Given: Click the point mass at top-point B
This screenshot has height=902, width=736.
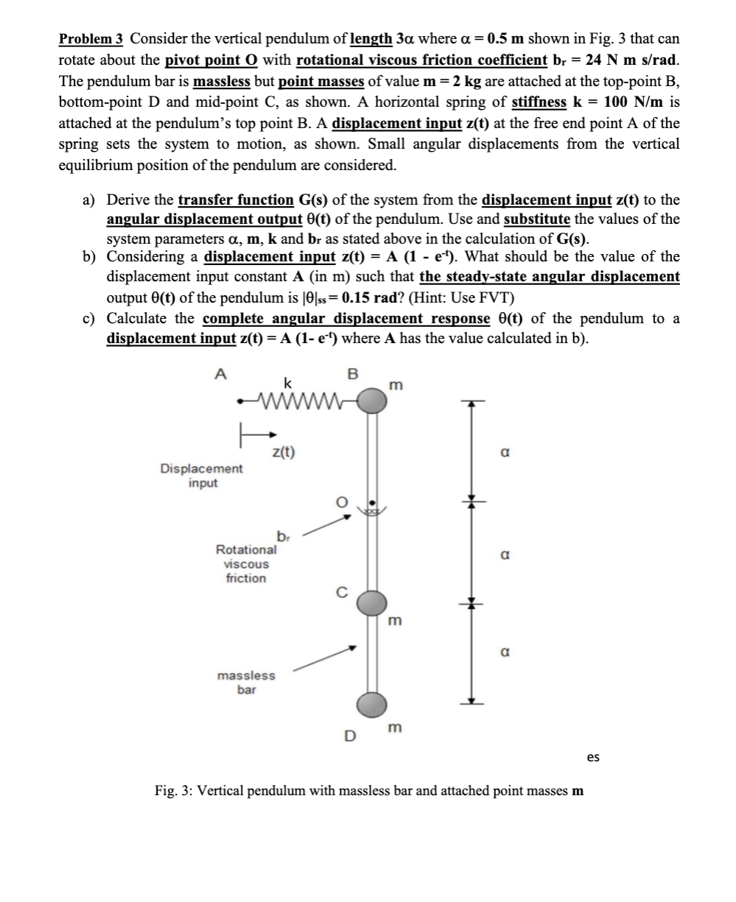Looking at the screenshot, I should click(374, 401).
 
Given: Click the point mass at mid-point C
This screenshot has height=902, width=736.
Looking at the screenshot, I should click(371, 602).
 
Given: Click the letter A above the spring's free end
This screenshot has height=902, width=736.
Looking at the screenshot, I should click(219, 374).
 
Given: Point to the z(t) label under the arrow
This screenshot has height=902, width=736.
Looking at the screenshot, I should click(284, 452).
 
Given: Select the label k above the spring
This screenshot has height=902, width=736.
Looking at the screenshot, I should click(287, 382).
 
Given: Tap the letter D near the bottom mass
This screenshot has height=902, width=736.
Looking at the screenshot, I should click(351, 735).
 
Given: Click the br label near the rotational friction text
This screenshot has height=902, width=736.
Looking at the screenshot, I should click(281, 535).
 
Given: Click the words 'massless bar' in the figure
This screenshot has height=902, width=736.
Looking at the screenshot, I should click(246, 682).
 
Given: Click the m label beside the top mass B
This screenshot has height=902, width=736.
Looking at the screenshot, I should click(396, 384).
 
